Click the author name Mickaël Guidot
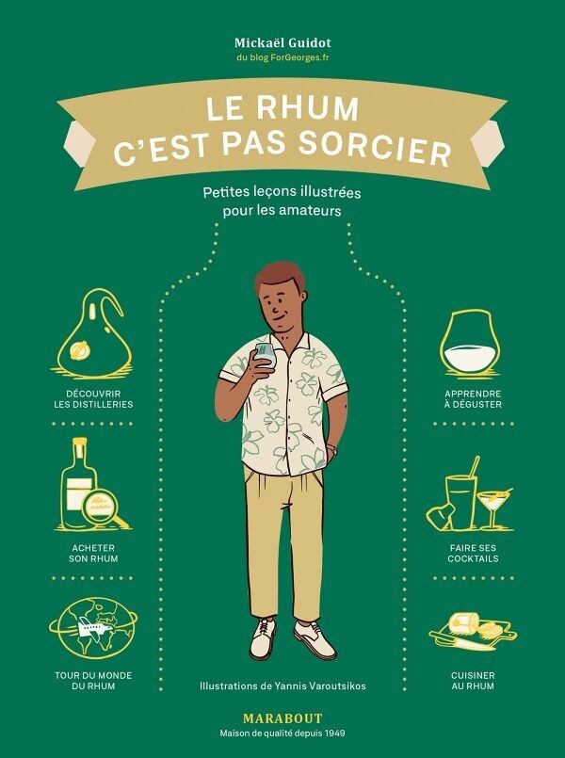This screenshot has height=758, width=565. point(282,41)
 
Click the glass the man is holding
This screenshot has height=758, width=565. point(265,355)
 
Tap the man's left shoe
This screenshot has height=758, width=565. point(314,639)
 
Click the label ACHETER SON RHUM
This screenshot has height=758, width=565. point(93,553)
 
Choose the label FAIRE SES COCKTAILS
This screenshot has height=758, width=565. point(473,553)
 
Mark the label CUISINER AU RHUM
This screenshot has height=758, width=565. point(473,680)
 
